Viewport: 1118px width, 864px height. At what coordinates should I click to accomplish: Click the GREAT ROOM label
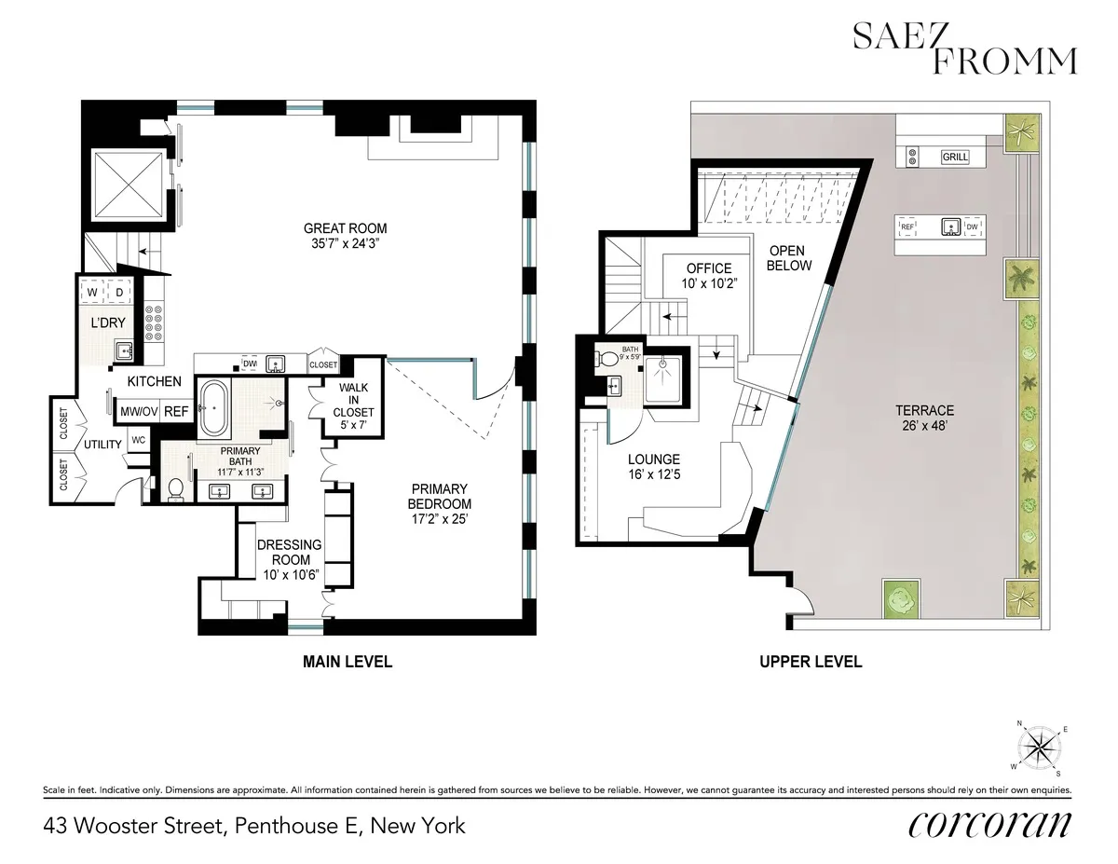(345, 228)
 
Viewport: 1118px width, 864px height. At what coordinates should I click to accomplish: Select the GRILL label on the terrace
(955, 158)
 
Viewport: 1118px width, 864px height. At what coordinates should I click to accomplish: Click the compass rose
(1042, 747)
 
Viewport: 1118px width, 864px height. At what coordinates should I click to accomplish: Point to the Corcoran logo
(988, 825)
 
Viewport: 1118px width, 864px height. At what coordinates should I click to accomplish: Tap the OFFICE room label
(710, 269)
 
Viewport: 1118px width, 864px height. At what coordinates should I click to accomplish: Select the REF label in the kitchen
(175, 411)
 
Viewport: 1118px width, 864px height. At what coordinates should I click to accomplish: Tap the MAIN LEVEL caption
(348, 662)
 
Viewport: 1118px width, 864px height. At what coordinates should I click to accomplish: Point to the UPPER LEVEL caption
(810, 662)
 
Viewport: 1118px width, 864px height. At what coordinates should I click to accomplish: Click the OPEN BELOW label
(789, 258)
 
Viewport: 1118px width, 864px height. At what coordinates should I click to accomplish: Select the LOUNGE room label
(653, 459)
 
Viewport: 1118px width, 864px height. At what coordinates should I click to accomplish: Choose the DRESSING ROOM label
(290, 552)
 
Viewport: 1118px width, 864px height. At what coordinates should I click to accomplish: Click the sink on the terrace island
(950, 226)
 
